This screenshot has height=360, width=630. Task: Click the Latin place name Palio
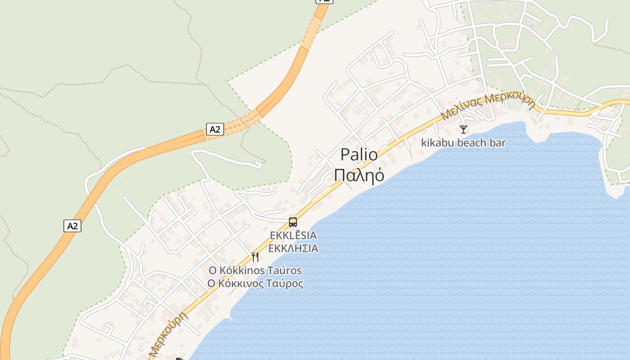point(359,155)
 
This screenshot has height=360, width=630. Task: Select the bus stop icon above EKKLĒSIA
point(293,222)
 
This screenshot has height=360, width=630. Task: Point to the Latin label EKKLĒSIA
point(293,235)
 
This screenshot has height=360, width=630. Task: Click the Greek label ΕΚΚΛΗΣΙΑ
point(293,248)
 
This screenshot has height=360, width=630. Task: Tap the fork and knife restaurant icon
point(255,257)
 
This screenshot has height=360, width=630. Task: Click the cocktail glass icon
point(463,130)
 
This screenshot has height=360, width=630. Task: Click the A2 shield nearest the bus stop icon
point(215,130)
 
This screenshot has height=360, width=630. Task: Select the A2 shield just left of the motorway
point(72,226)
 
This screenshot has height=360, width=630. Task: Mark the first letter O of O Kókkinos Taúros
point(212,271)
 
